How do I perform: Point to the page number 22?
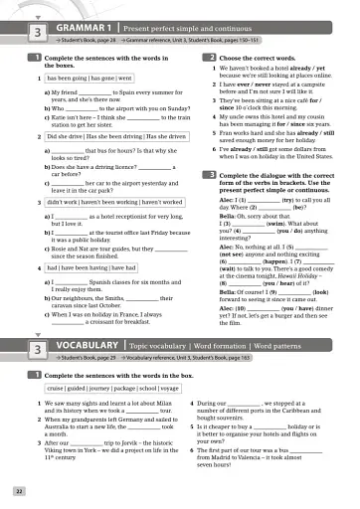19,490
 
